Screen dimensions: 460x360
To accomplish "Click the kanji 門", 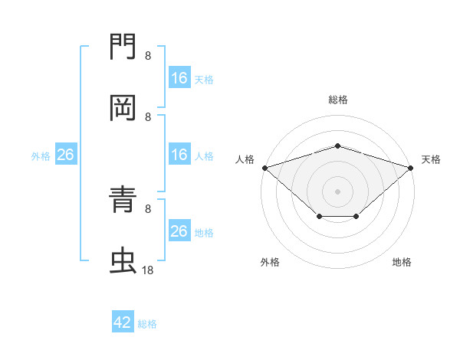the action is pyautogui.click(x=123, y=46).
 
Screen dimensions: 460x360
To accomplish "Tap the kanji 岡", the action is pyautogui.click(x=123, y=108).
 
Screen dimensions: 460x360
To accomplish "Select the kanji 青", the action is pyautogui.click(x=123, y=199).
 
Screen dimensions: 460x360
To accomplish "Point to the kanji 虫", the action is pyautogui.click(x=123, y=260).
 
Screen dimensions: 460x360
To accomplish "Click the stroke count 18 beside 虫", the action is pyautogui.click(x=147, y=270).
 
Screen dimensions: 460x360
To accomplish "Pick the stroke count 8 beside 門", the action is pyautogui.click(x=148, y=56).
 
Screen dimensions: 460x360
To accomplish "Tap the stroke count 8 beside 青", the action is pyautogui.click(x=148, y=209).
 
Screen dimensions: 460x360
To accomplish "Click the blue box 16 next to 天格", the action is pyautogui.click(x=179, y=77).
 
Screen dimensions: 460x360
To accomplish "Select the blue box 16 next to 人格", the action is pyautogui.click(x=179, y=154).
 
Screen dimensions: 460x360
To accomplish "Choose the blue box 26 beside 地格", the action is pyautogui.click(x=179, y=230).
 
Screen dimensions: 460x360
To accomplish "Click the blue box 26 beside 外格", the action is pyautogui.click(x=66, y=154).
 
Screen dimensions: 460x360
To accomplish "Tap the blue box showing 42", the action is pyautogui.click(x=123, y=321).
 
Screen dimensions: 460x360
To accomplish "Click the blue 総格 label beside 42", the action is pyautogui.click(x=147, y=324).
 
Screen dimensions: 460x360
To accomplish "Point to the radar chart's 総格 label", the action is pyautogui.click(x=338, y=100).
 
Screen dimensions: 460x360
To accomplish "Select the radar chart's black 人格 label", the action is pyautogui.click(x=245, y=159).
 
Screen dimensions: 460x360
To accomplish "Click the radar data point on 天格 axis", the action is pyautogui.click(x=410, y=168).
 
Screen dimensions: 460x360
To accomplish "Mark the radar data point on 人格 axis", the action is pyautogui.click(x=265, y=168).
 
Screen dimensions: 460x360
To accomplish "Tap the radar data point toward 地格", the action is pyautogui.click(x=356, y=216).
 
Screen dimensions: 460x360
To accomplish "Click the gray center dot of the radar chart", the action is pyautogui.click(x=337, y=191).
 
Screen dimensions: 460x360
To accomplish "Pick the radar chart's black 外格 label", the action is pyautogui.click(x=270, y=262).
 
